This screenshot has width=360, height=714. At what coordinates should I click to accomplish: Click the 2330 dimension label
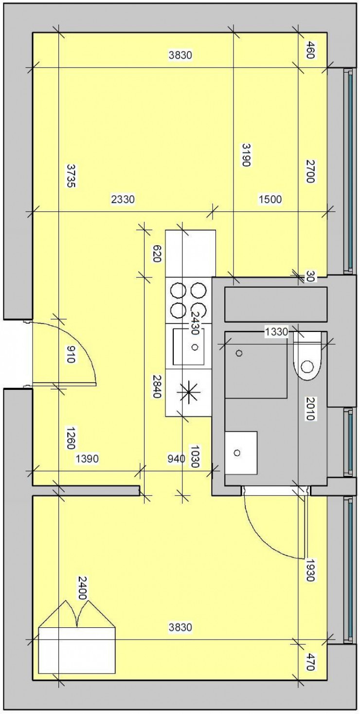[123, 199]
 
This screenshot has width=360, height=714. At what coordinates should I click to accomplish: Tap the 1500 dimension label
[270, 199]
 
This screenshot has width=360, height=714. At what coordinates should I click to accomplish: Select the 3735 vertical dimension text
[71, 176]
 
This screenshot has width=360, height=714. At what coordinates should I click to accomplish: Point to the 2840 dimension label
[156, 387]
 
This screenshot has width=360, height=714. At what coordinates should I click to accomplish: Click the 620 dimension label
[156, 254]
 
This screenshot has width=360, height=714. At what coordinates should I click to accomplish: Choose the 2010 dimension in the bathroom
[310, 408]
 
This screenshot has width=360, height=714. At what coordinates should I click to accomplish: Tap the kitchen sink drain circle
[195, 347]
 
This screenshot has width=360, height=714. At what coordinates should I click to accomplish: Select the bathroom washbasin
[241, 452]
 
